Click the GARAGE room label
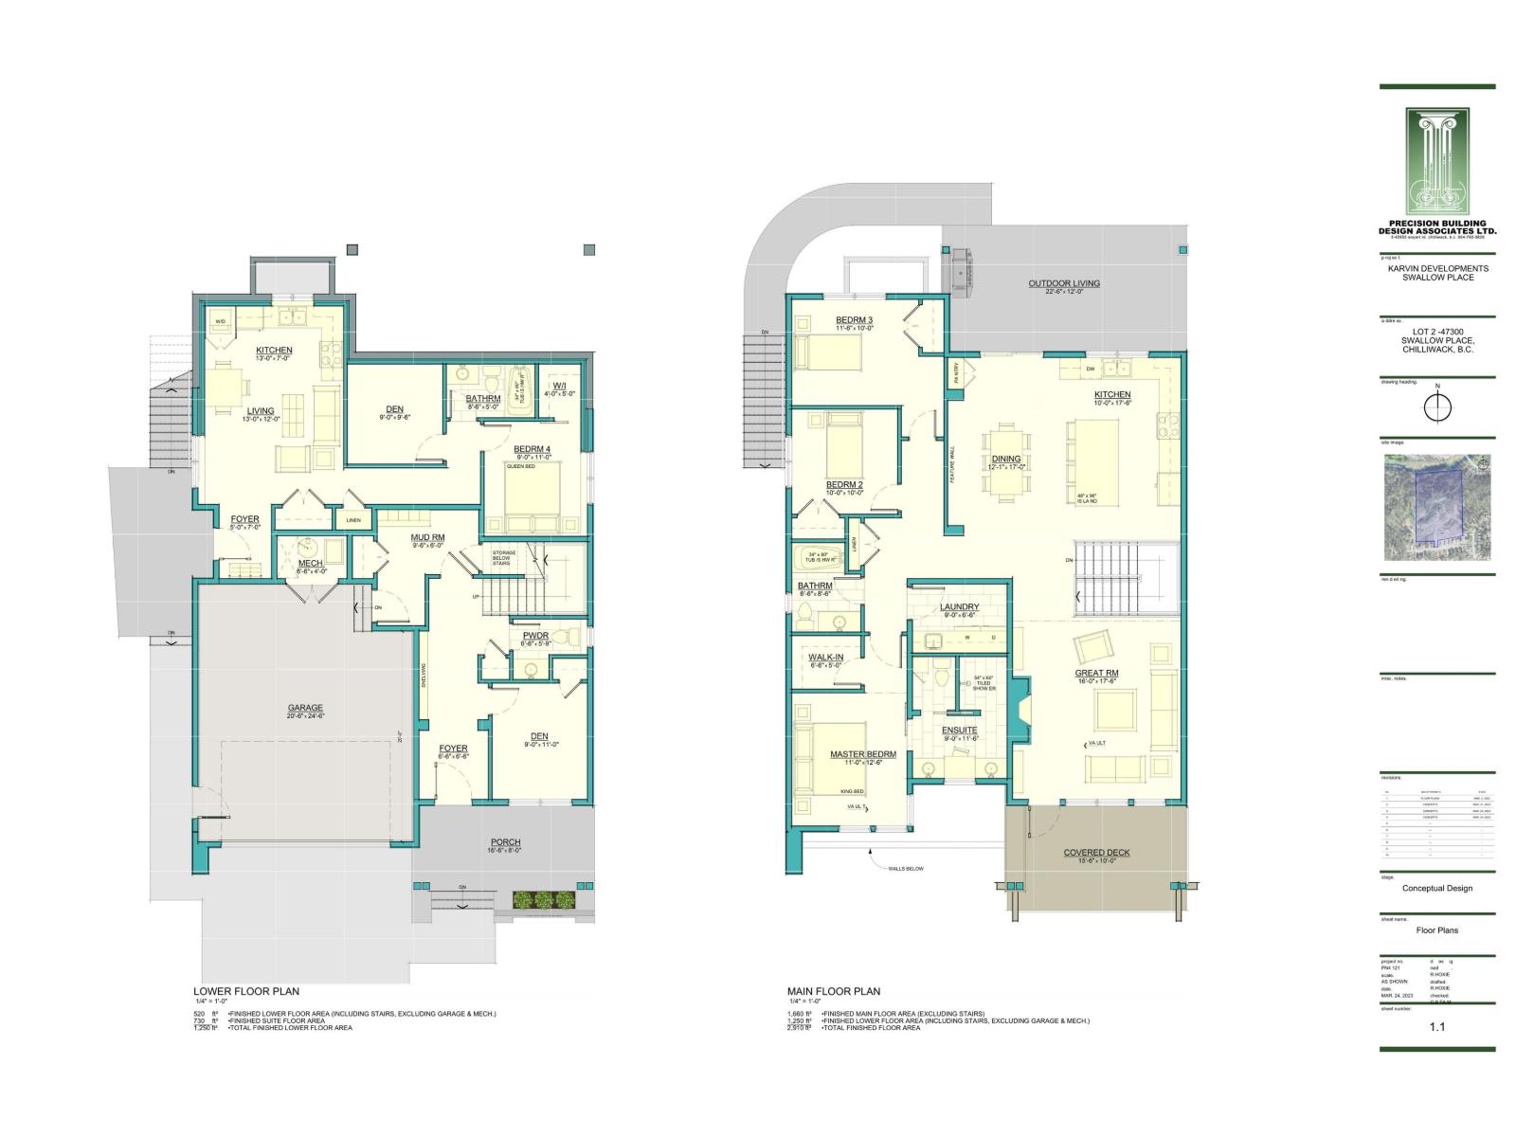coord(305,708)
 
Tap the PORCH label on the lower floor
coord(505,842)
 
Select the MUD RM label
coord(427,537)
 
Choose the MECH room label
coord(310,564)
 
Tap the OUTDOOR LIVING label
coord(1064,283)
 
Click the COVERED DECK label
coord(1096,853)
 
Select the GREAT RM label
coord(1096,673)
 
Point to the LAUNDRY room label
coord(959,607)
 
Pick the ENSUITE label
coord(959,731)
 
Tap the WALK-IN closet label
coord(825,657)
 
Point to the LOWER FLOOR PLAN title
coord(246,992)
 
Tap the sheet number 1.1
coord(1437,1026)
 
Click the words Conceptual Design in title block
coord(1437,888)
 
